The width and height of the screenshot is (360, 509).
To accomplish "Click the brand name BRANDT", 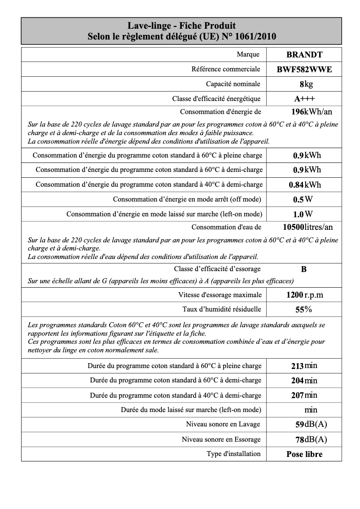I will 304,55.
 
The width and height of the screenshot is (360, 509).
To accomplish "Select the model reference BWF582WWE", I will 304,70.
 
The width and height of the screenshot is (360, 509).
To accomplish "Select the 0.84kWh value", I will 305,184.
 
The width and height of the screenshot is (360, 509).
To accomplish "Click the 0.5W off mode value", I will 303,199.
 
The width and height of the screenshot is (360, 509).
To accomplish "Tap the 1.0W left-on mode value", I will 303,214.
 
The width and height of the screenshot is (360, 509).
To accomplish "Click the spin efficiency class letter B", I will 304,269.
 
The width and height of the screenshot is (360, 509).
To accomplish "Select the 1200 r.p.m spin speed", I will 304,295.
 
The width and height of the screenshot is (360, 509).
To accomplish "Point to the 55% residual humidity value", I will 304,310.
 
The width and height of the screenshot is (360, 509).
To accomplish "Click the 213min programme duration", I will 304,366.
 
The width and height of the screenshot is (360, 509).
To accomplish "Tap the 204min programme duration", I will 304,381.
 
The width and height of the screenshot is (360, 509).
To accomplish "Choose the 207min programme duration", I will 304,395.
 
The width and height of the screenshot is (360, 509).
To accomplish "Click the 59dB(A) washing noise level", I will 311,425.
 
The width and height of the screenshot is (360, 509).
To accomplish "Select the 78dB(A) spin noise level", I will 311,439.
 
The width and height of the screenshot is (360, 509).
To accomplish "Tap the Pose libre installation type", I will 304,454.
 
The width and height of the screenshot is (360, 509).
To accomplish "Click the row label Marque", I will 248,54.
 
